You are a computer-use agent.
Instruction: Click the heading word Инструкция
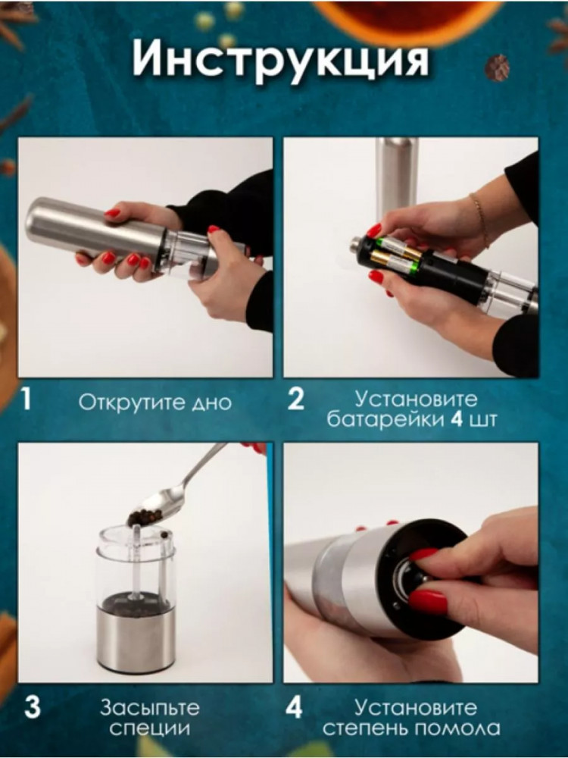point(280,58)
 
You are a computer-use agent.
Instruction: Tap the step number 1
point(27,399)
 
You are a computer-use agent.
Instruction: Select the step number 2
point(295,399)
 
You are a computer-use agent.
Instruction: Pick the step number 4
point(294,707)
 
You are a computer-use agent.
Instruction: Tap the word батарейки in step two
point(385,419)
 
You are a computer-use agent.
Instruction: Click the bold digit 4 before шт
point(457,419)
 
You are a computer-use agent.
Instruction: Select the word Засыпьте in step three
point(149,708)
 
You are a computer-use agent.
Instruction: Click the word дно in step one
point(211,403)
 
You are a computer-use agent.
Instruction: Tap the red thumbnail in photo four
point(427,601)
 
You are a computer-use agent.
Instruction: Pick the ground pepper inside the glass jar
point(136,603)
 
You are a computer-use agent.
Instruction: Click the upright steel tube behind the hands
point(397,175)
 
